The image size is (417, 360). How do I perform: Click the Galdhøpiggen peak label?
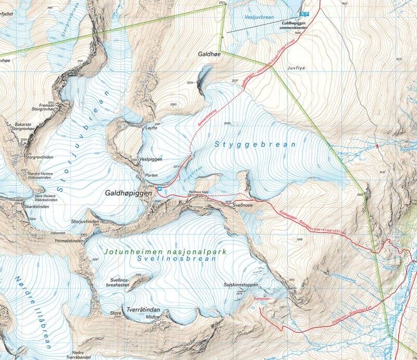coord(128,193)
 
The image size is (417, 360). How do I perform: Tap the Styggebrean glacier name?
coord(254,145)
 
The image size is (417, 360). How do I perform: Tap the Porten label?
coord(151,175)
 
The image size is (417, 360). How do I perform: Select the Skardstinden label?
coord(21,207)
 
